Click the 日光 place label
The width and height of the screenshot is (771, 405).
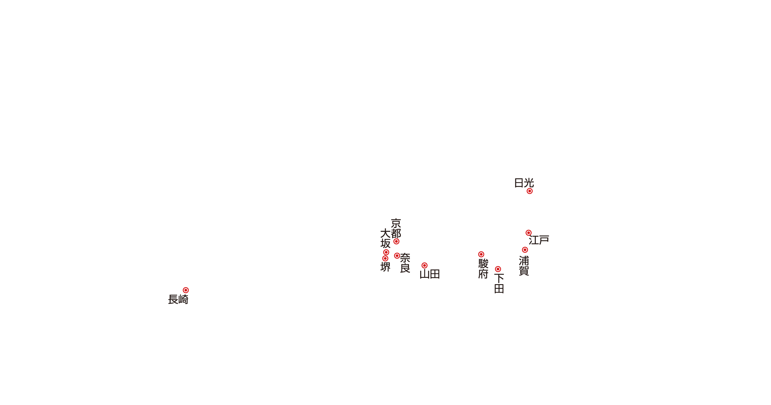point(524,183)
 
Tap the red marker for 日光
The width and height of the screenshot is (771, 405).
point(529,191)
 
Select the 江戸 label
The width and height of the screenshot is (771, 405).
point(539,240)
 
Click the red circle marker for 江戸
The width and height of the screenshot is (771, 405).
point(529,233)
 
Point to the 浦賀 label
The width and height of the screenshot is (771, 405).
point(524,265)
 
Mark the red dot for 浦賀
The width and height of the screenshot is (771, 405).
point(525,250)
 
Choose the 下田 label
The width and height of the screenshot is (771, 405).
point(499,284)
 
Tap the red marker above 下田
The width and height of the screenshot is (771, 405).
point(498,269)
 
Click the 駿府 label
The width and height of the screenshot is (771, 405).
point(483,268)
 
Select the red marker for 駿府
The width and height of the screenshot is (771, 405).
point(481,254)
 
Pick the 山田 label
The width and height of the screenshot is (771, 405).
point(430,274)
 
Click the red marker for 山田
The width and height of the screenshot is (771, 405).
point(424,265)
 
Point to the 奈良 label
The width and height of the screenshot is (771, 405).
point(405,263)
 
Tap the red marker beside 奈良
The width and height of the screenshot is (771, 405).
point(397,256)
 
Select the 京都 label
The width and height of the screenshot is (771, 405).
point(396,228)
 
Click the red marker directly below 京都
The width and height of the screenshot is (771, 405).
point(396,241)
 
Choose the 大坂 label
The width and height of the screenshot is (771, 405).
point(385,238)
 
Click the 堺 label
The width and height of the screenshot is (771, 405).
point(385,267)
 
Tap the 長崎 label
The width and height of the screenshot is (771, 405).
point(178,299)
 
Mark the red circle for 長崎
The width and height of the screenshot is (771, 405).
point(186,290)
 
